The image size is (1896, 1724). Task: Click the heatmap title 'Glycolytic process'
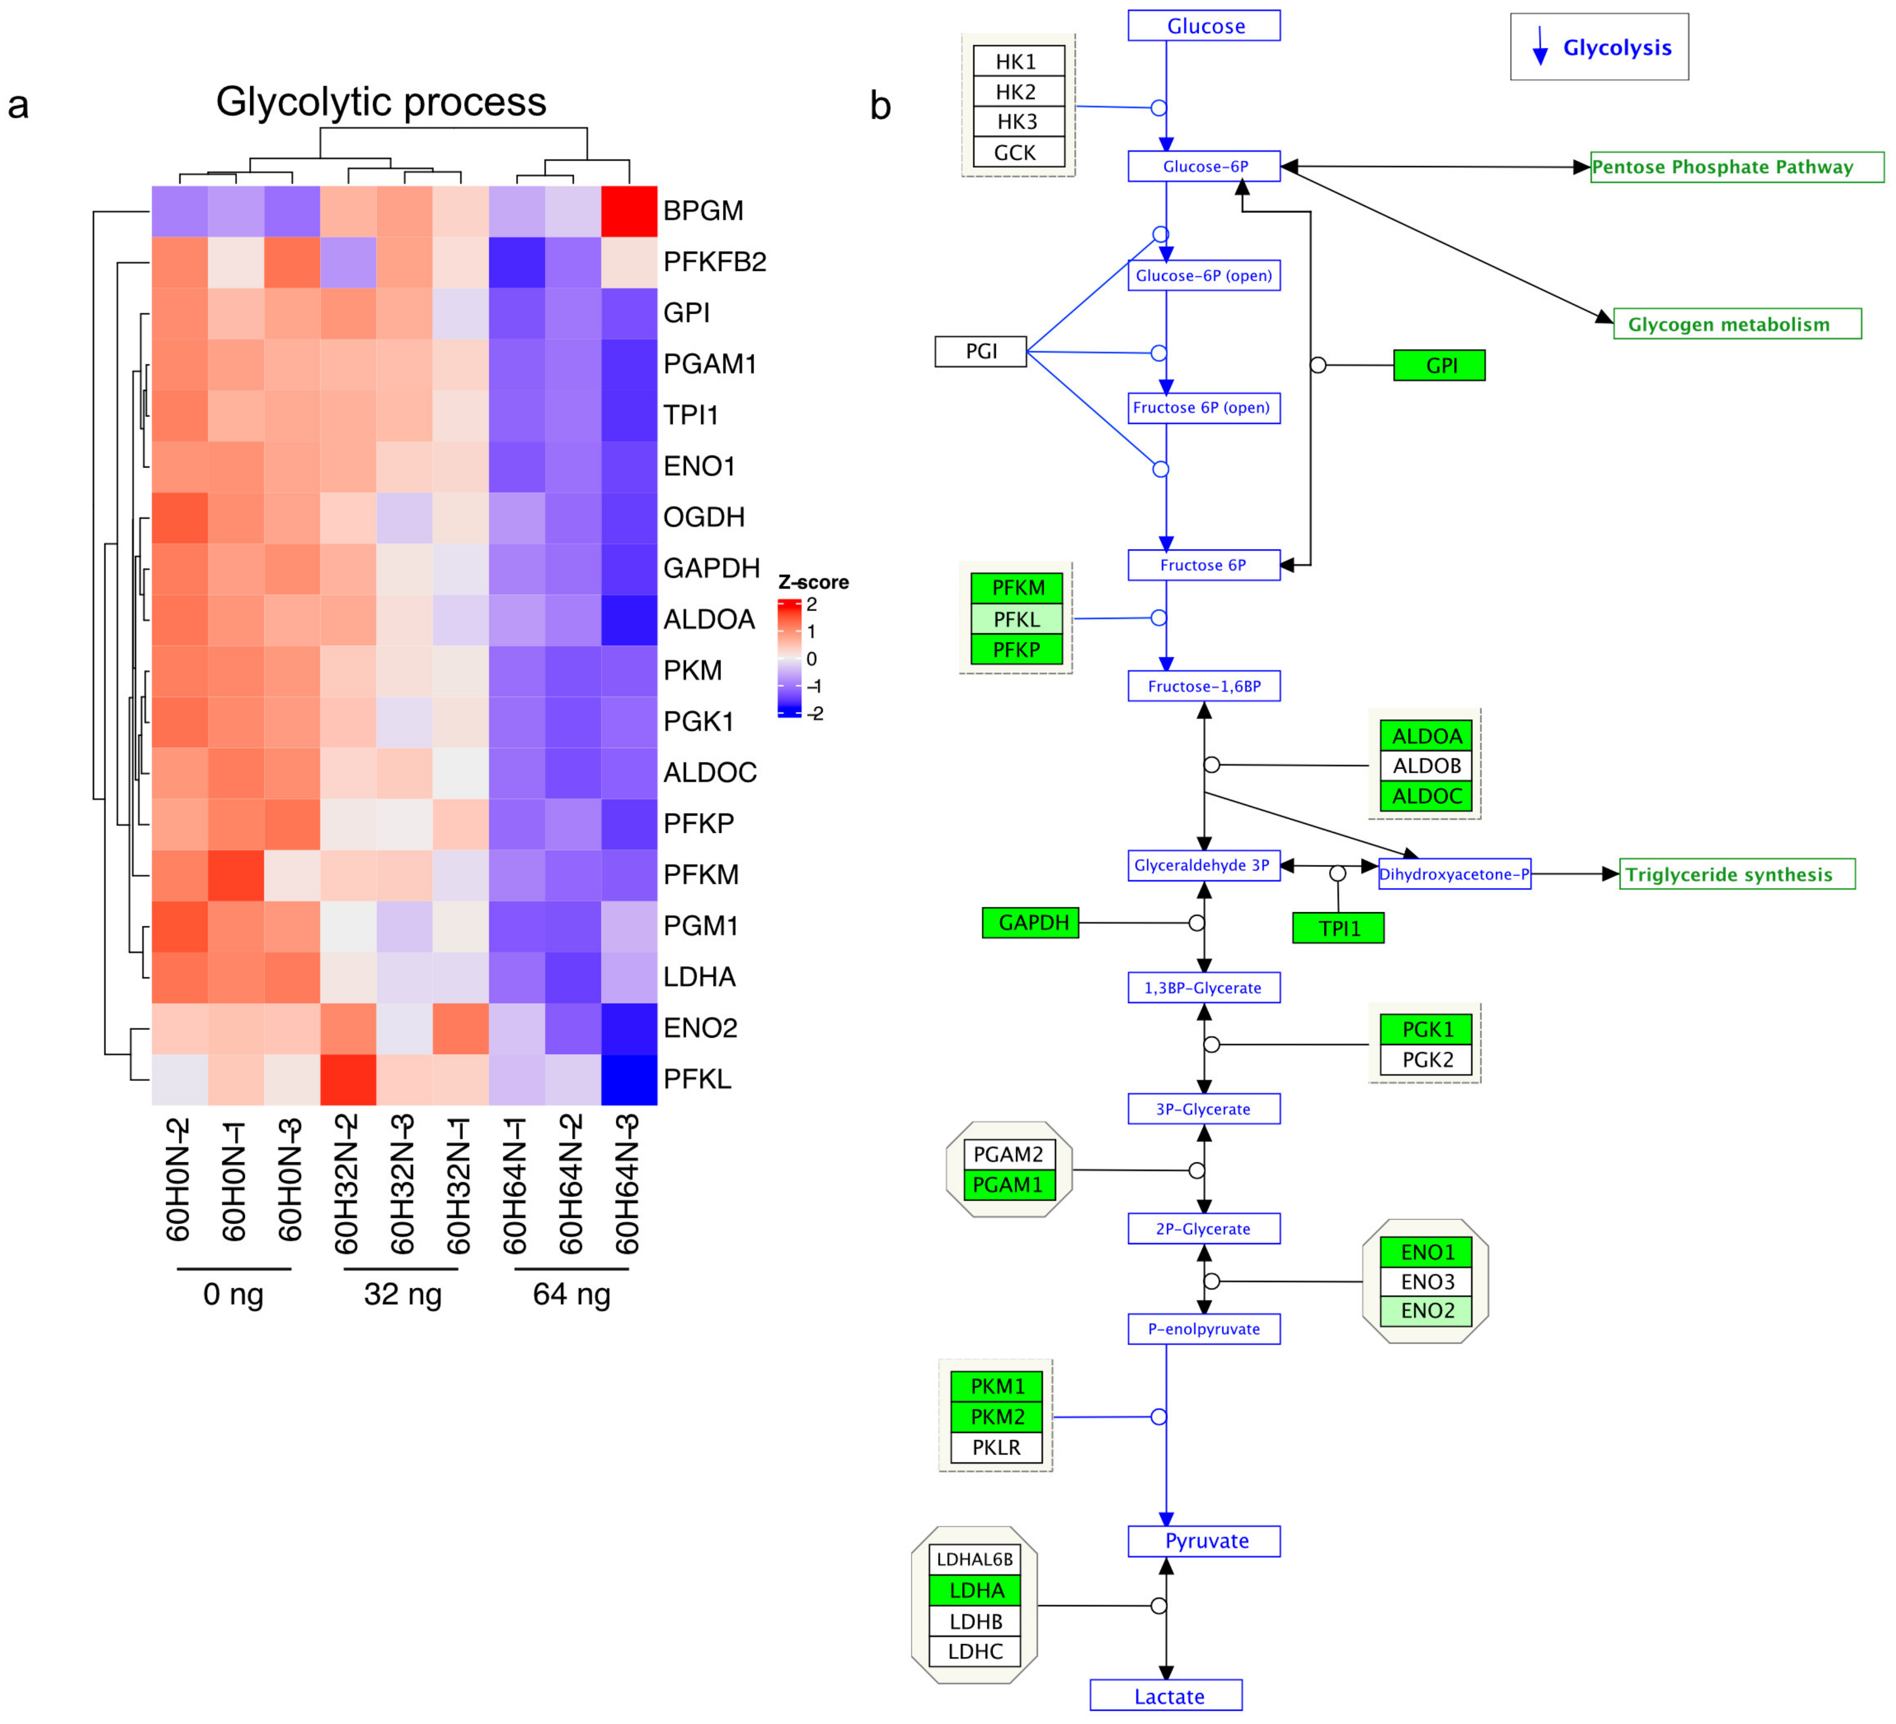click(381, 101)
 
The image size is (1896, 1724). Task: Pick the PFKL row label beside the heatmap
click(697, 1079)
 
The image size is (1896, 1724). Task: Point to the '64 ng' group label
click(572, 1294)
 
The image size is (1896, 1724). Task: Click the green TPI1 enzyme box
click(1338, 928)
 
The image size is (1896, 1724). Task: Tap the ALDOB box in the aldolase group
click(1426, 766)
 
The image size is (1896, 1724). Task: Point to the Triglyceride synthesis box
click(1736, 874)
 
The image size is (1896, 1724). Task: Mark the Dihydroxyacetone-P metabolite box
click(1454, 874)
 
